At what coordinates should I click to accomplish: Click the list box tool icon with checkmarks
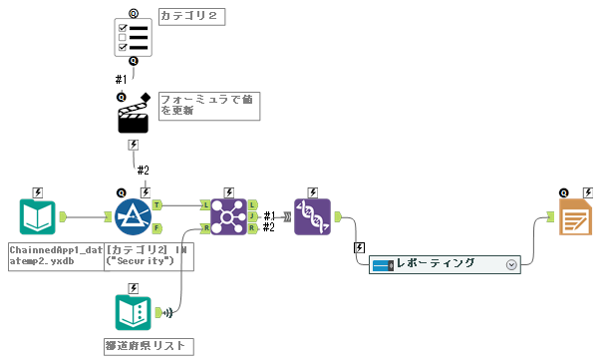(134, 37)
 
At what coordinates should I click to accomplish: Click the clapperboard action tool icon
(134, 115)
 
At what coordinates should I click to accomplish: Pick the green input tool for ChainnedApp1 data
(38, 216)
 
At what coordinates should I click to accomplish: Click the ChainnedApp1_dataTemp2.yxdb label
(56, 255)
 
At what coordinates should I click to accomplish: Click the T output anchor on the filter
(157, 204)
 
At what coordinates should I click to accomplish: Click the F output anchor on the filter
(157, 228)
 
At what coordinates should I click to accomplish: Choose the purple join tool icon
(228, 216)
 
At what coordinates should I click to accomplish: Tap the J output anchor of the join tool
(252, 216)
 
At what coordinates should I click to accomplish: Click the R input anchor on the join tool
(205, 228)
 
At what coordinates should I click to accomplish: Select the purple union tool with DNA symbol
(312, 216)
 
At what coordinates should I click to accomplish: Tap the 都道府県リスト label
(148, 346)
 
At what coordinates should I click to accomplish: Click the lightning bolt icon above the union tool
(312, 191)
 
